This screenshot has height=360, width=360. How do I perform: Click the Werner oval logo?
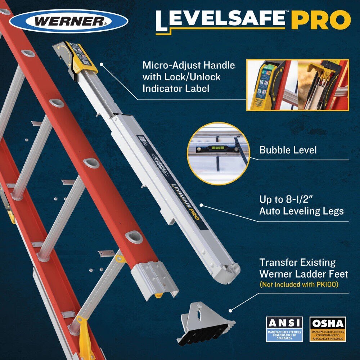(69, 21)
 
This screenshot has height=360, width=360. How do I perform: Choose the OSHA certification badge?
(328, 329)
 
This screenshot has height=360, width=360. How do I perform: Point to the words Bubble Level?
(288, 150)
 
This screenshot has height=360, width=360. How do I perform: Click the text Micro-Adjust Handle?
(189, 66)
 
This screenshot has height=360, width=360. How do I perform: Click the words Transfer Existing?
(297, 262)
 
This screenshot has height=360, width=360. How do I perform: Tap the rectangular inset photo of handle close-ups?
(297, 85)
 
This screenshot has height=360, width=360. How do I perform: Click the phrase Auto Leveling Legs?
(301, 211)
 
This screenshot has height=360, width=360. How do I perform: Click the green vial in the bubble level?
(218, 148)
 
